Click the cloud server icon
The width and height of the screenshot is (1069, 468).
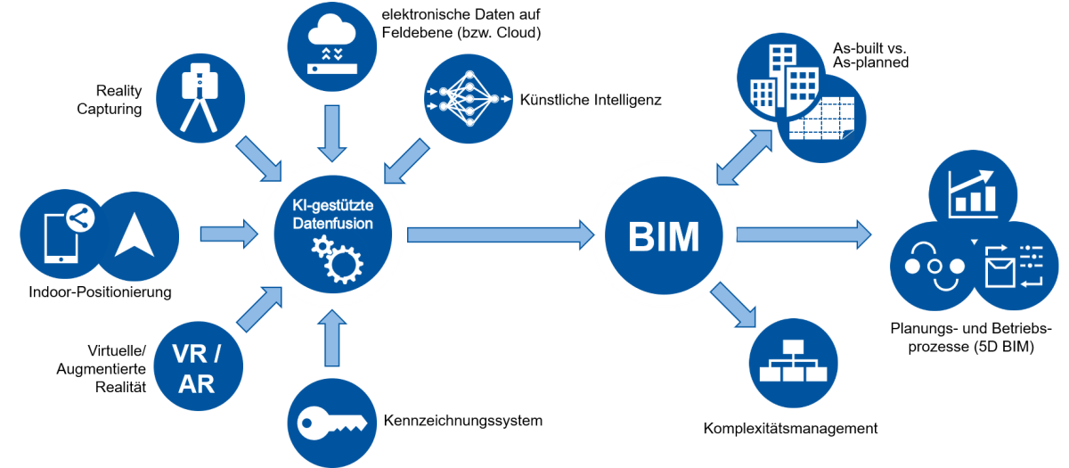[330, 46]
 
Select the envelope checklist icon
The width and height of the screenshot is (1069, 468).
[1016, 265]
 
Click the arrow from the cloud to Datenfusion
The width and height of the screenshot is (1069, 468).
[331, 129]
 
